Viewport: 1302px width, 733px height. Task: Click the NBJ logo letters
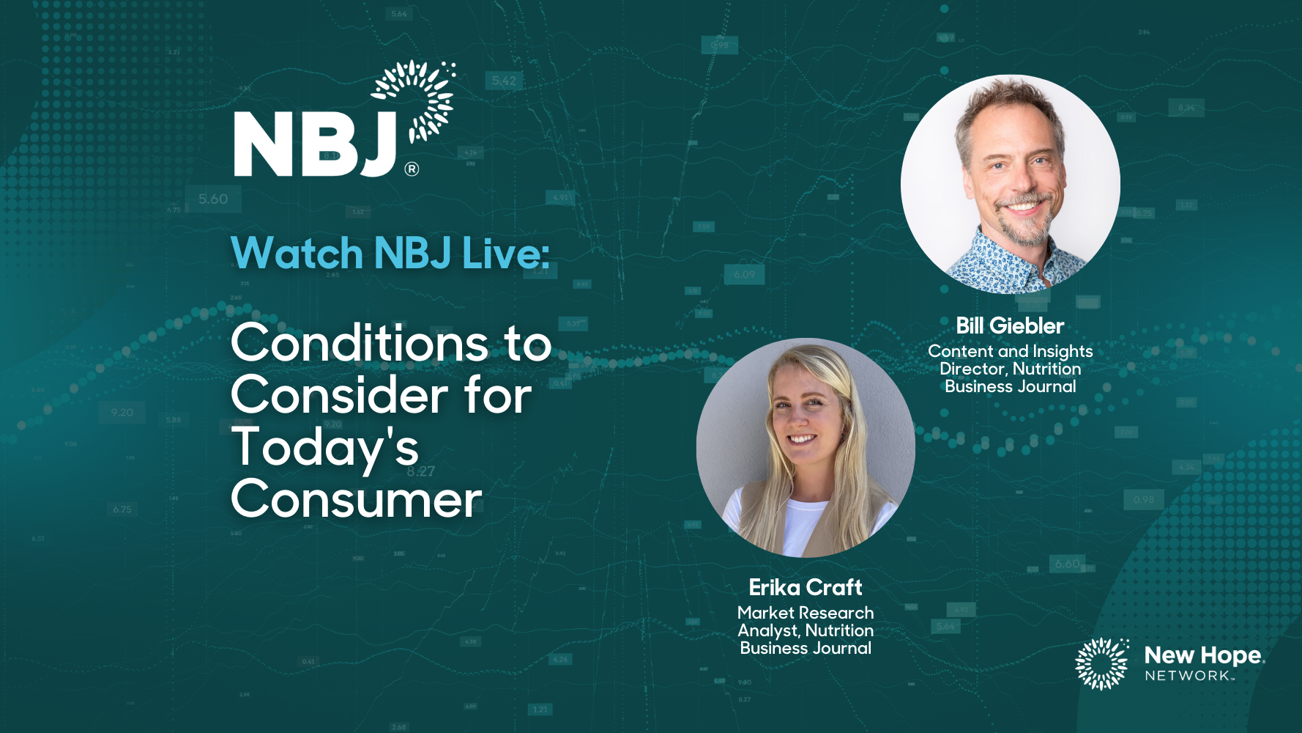click(316, 144)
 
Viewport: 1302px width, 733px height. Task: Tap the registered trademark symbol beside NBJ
click(412, 169)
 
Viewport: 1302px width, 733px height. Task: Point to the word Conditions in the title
click(360, 343)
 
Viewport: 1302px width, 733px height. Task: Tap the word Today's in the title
click(325, 448)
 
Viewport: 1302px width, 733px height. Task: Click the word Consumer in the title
click(357, 500)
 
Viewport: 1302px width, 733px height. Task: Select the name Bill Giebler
click(1010, 326)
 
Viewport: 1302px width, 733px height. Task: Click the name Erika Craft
click(806, 587)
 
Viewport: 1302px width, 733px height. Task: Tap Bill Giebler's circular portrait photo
click(1011, 185)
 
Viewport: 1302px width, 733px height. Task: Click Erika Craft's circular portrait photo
click(806, 448)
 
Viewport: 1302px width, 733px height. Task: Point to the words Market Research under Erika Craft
click(806, 613)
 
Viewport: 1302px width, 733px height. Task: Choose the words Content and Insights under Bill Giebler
click(1011, 352)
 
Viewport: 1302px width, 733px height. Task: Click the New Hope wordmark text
click(1203, 655)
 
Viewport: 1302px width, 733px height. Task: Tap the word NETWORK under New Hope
click(1188, 676)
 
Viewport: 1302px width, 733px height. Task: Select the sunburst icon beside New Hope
click(1102, 663)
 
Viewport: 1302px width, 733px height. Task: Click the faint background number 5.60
click(213, 199)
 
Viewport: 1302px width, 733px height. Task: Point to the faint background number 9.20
click(122, 413)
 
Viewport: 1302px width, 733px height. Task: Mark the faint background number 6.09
click(744, 275)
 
